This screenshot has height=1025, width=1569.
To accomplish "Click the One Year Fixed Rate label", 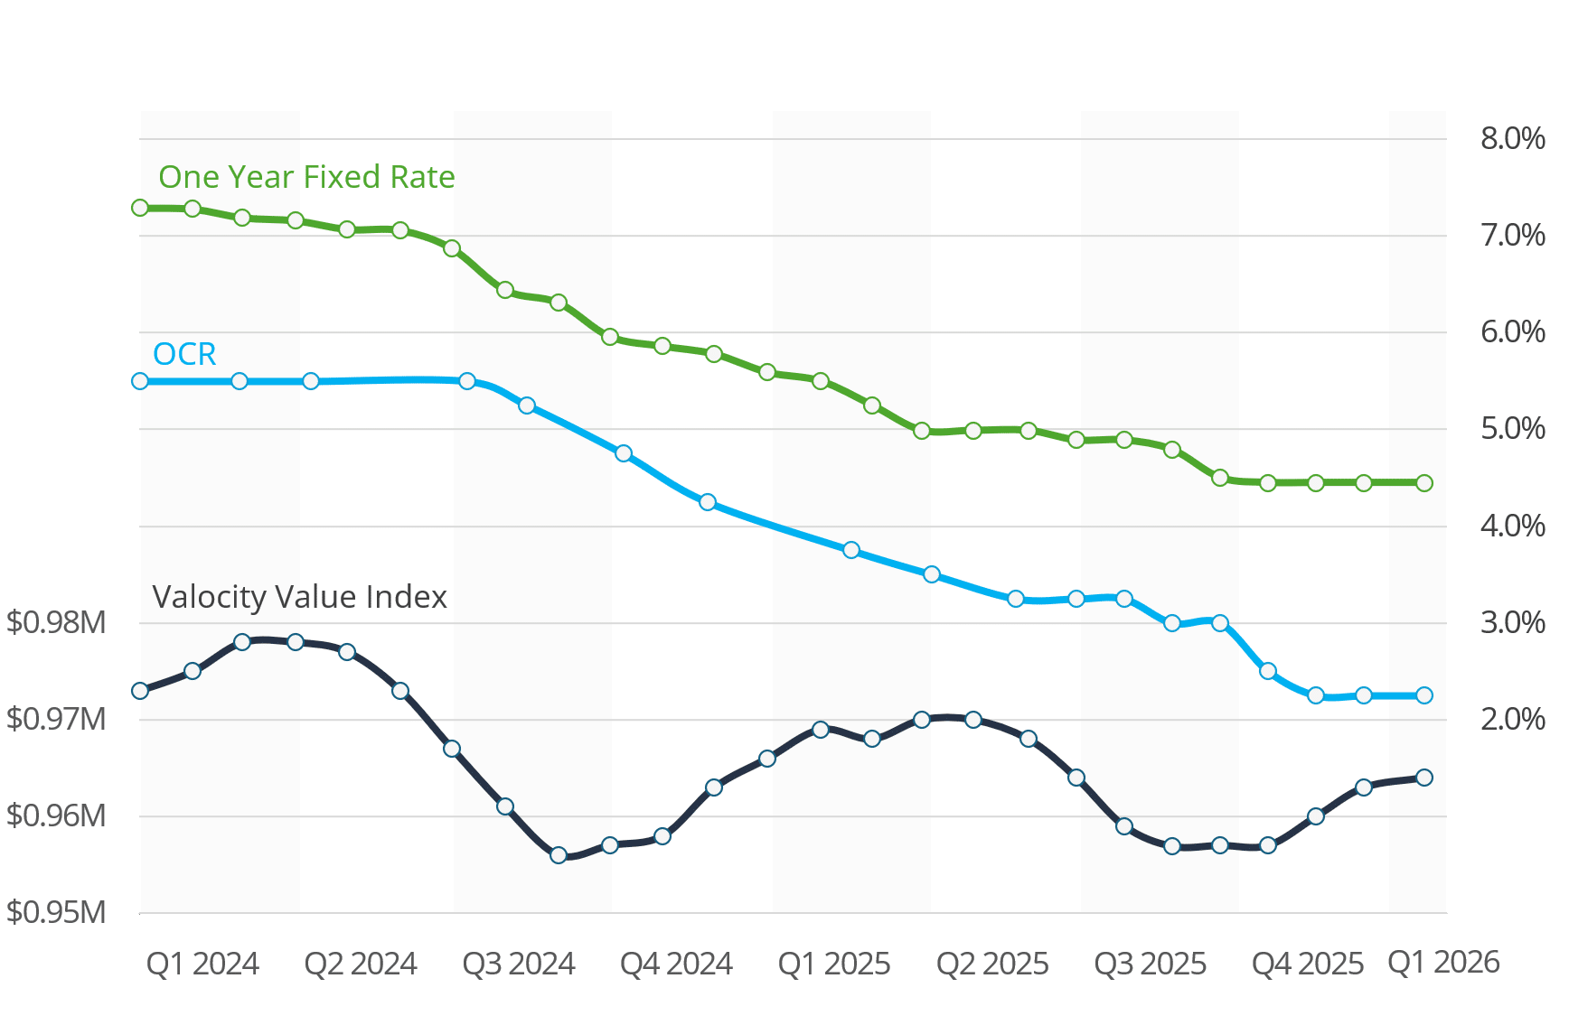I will pyautogui.click(x=306, y=177).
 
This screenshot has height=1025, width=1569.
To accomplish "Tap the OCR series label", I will pyautogui.click(x=184, y=354).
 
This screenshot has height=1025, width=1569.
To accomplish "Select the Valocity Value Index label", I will pyautogui.click(x=299, y=597).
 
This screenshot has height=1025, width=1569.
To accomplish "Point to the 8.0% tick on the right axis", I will pyautogui.click(x=1512, y=138).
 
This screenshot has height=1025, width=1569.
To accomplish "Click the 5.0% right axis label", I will pyautogui.click(x=1512, y=428).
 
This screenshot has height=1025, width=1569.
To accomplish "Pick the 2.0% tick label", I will pyautogui.click(x=1512, y=719).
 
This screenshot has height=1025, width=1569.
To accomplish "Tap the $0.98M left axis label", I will pyautogui.click(x=56, y=622).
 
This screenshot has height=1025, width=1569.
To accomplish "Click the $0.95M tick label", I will pyautogui.click(x=56, y=912).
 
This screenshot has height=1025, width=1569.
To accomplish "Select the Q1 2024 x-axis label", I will pyautogui.click(x=202, y=964).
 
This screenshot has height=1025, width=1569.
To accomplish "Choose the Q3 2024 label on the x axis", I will pyautogui.click(x=519, y=964).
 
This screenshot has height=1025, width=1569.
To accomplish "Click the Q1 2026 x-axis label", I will pyautogui.click(x=1443, y=963).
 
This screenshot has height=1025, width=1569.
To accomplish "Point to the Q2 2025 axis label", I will pyautogui.click(x=992, y=964).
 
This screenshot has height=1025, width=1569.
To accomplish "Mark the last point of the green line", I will pyautogui.click(x=1424, y=483).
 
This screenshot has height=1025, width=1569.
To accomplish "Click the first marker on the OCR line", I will pyautogui.click(x=140, y=381).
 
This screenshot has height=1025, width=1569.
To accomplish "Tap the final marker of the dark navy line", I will pyautogui.click(x=1424, y=778).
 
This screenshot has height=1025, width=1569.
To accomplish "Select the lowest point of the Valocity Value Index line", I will pyautogui.click(x=559, y=855).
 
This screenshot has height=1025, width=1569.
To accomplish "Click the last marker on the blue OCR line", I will pyautogui.click(x=1424, y=695).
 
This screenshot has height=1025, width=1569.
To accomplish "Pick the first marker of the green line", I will pyautogui.click(x=140, y=208).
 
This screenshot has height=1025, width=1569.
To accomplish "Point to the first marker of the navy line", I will pyautogui.click(x=140, y=691).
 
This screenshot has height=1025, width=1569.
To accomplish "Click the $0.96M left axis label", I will pyautogui.click(x=56, y=815).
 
